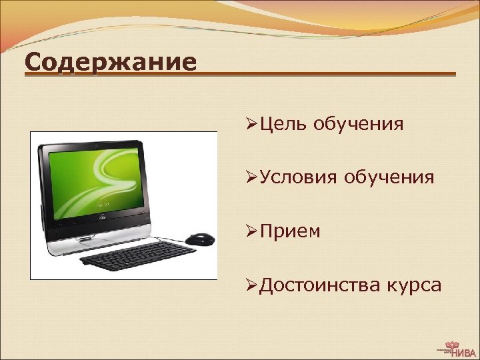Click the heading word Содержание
pyautogui.click(x=111, y=63)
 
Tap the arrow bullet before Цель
pyautogui.click(x=251, y=123)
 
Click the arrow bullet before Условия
pyautogui.click(x=251, y=177)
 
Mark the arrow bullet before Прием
pyautogui.click(x=251, y=231)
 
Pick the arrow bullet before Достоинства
pyautogui.click(x=251, y=285)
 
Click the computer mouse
pyautogui.click(x=199, y=238)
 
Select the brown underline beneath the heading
pyautogui.click(x=327, y=73)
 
